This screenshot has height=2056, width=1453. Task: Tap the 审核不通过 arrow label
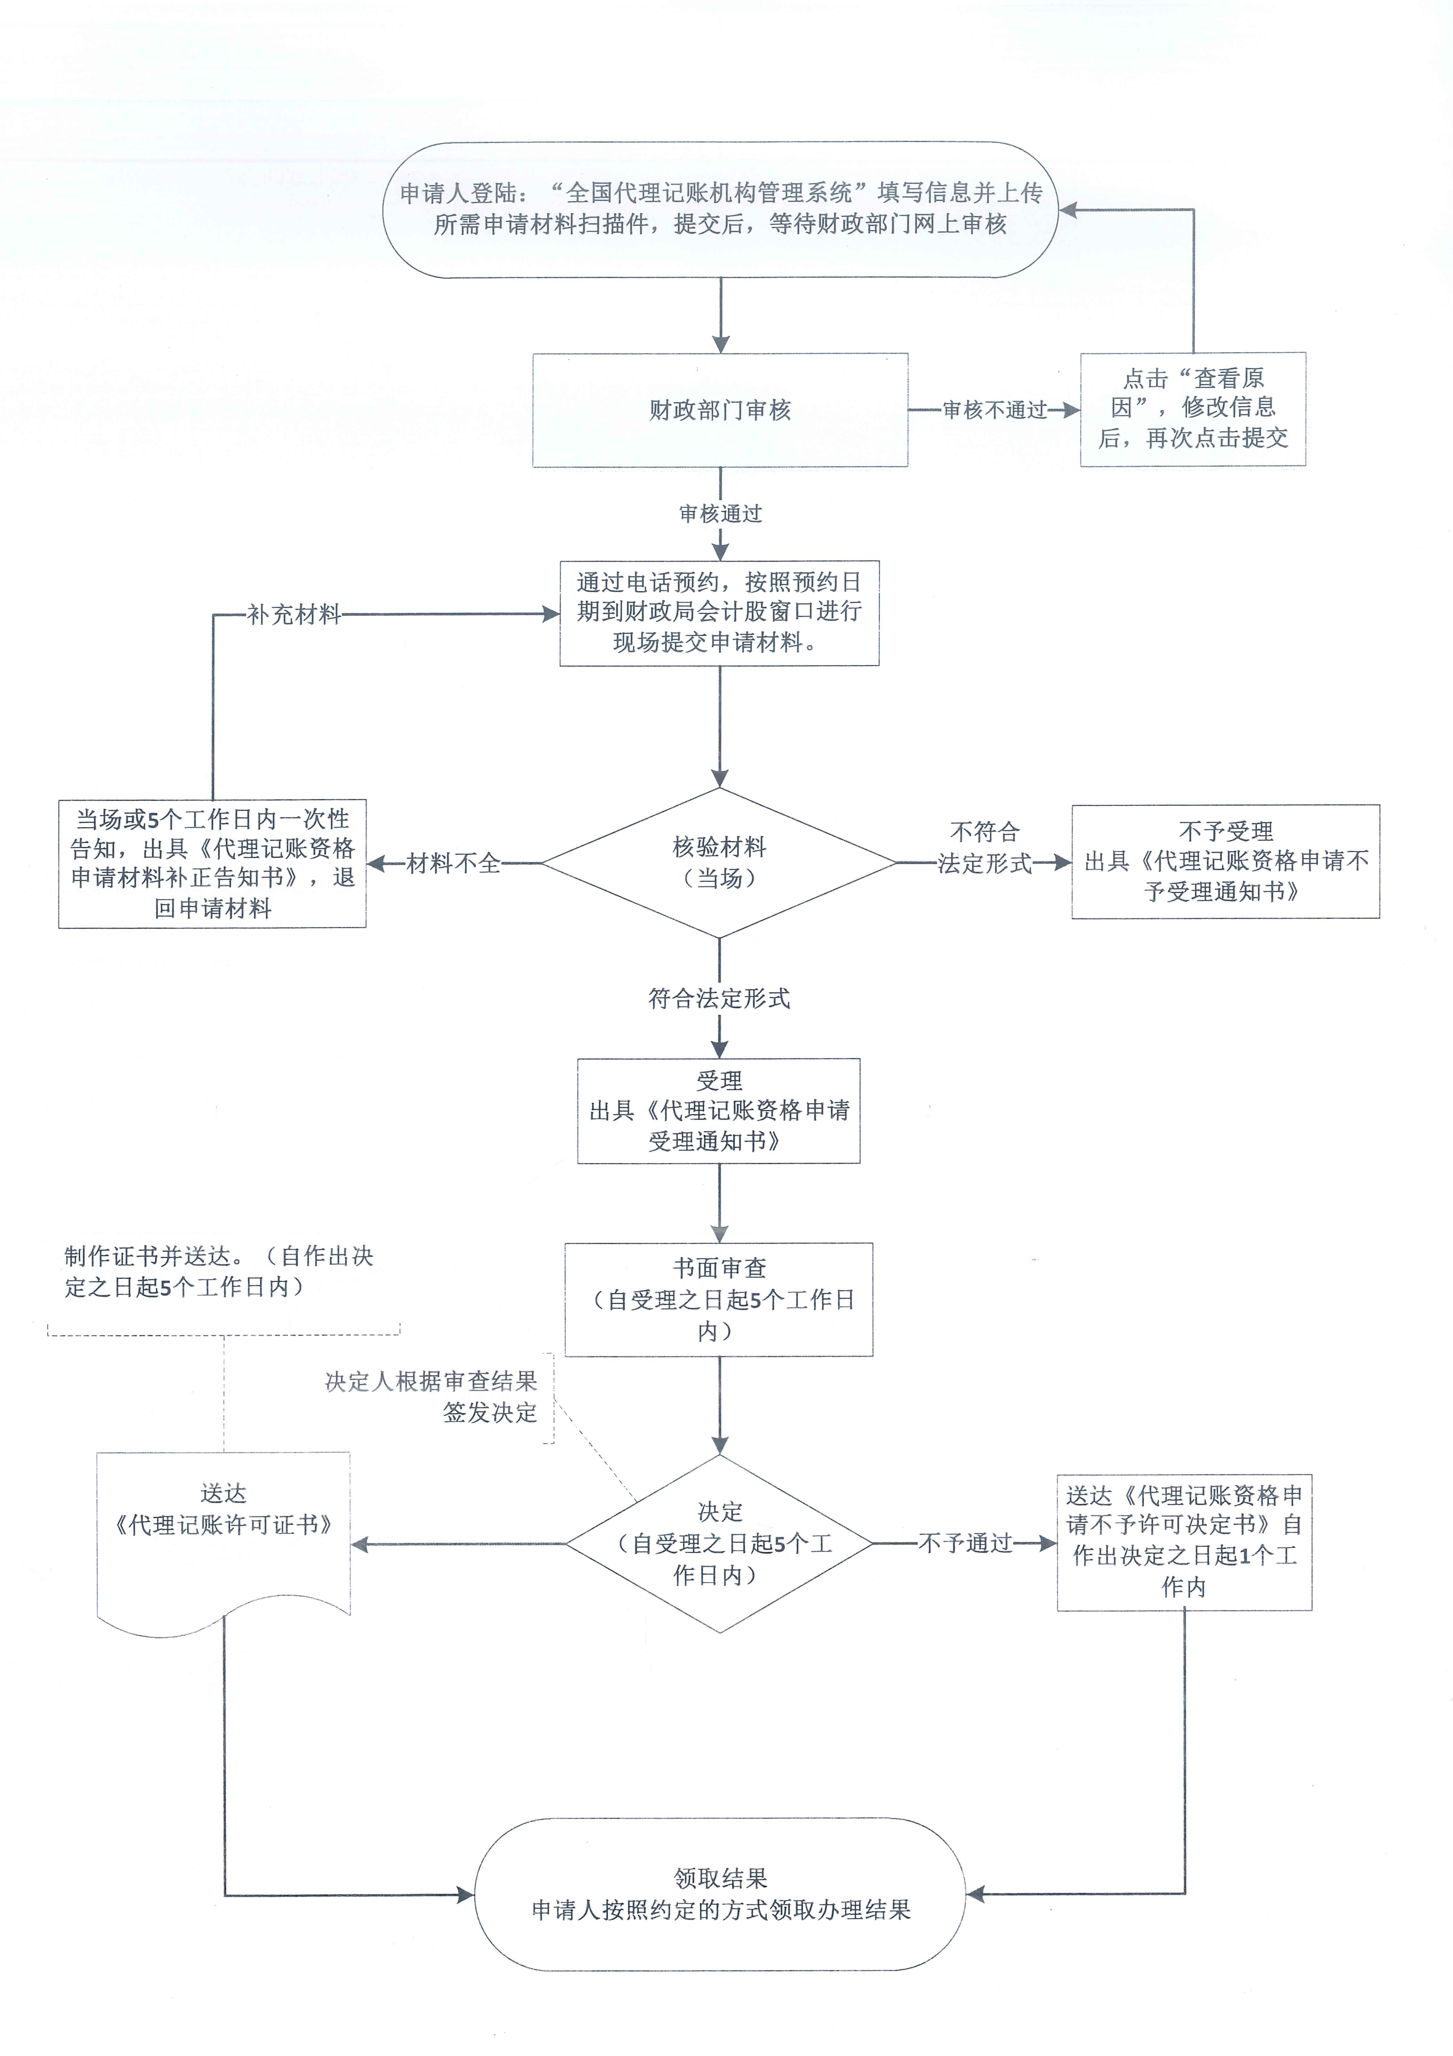click(994, 410)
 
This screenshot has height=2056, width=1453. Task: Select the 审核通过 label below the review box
click(720, 514)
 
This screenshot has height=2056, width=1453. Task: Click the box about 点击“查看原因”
click(1192, 409)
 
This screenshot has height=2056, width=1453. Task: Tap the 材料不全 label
click(453, 863)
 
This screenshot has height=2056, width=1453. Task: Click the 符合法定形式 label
click(719, 999)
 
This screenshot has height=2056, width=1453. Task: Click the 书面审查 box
click(719, 1299)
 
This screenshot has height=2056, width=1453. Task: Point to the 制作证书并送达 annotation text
click(218, 1271)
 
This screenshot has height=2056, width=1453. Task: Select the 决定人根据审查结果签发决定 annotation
click(432, 1397)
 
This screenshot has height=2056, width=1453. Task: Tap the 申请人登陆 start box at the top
click(720, 209)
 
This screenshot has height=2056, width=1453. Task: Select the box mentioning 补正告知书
click(212, 863)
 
